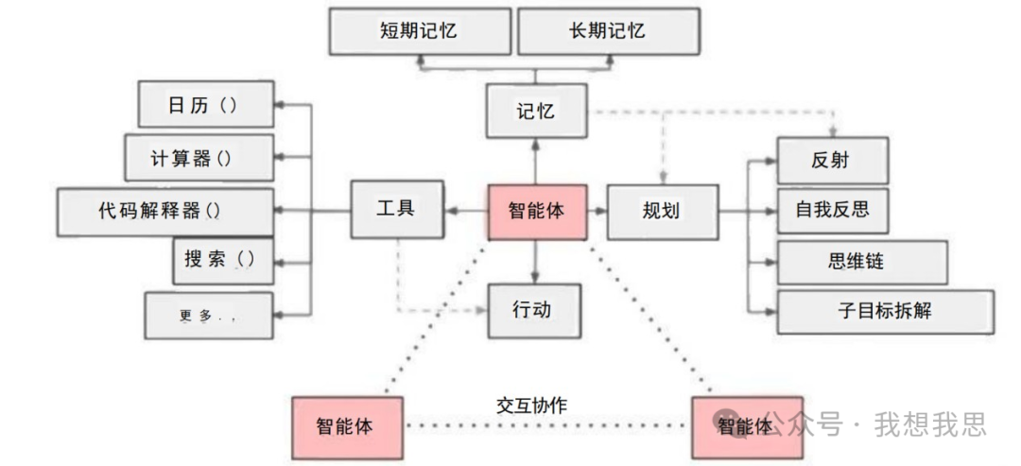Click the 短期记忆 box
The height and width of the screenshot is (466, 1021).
coord(419,30)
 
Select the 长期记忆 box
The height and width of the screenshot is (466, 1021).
coord(608,30)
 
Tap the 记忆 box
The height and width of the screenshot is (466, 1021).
coord(536,111)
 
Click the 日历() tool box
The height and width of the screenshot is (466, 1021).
coord(205,104)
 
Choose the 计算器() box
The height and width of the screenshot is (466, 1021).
coord(199,158)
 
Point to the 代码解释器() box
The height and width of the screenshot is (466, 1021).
coord(165,212)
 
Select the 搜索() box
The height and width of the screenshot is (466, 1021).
coord(223,260)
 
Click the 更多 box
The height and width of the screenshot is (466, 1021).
coord(208,316)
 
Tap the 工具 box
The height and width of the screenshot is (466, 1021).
coord(396,210)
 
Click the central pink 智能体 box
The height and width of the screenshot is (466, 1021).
coord(536,210)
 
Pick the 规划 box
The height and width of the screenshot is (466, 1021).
coord(661,210)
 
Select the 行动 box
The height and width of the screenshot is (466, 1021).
coord(533,310)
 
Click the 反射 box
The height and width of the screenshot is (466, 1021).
coord(832,160)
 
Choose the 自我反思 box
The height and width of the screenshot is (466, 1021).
coord(832,210)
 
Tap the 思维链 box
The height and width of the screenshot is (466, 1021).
coord(861,262)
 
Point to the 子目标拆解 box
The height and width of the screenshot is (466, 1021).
coord(885,310)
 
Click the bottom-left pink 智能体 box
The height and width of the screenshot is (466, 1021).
coord(347,425)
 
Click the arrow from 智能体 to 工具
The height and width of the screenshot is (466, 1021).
coord(464,210)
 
